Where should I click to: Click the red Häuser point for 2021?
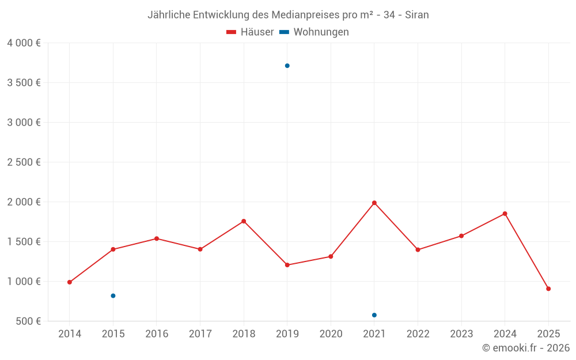pos(374,203)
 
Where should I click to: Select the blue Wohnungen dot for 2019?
pos(287,66)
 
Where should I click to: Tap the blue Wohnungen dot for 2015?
pos(113,295)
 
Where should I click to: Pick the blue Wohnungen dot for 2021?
pos(374,315)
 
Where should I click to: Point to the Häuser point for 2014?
pos(70,282)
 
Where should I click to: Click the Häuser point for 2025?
pos(548,289)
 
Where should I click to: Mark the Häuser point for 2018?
pos(244,221)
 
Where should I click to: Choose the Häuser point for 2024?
pos(505,214)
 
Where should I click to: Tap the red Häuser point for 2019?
pos(287,265)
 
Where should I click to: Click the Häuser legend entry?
pos(251,32)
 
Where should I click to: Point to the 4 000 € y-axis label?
pos(24,43)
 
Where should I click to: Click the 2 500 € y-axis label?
pos(24,162)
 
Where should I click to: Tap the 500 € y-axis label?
pos(27,321)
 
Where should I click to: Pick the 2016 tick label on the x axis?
pos(157,334)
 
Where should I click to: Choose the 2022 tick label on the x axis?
pos(418,334)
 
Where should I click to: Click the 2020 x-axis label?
pos(331,334)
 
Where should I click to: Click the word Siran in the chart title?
pos(417,15)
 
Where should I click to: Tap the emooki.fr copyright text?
pos(526,348)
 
